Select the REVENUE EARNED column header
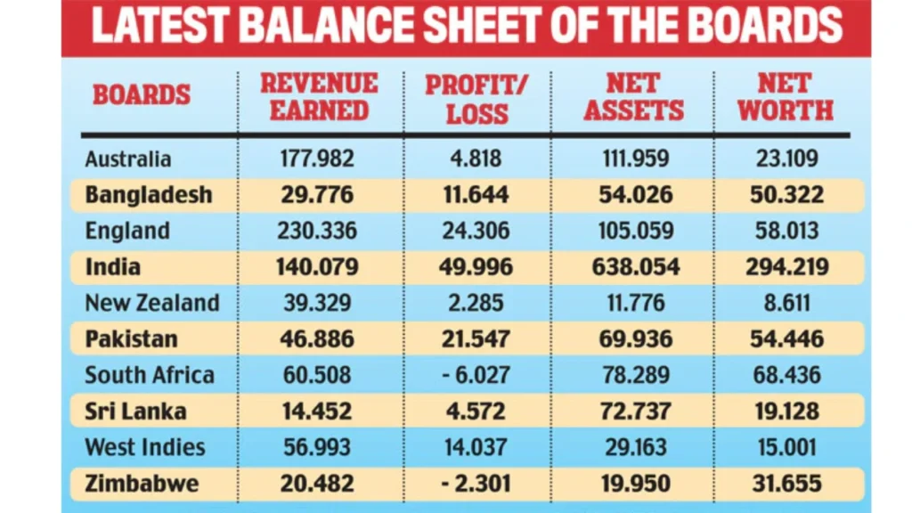(319, 97)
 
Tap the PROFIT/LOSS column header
(476, 99)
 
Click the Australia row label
(128, 159)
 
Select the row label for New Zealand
(151, 303)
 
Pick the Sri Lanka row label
(135, 411)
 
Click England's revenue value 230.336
(318, 232)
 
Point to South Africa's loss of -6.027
(476, 375)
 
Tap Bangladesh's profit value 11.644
(476, 195)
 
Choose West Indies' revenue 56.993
(318, 447)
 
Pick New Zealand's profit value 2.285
(476, 303)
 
